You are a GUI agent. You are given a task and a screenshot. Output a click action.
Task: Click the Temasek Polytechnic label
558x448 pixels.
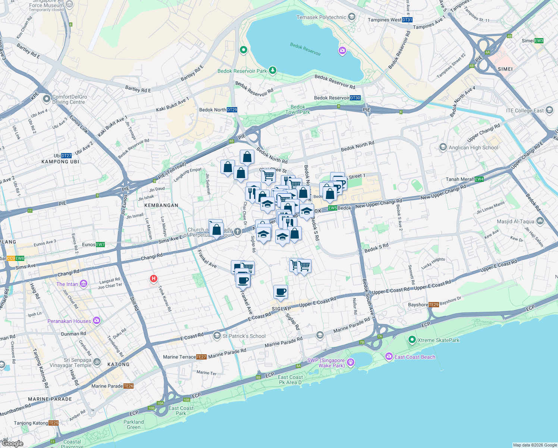pyautogui.click(x=321, y=17)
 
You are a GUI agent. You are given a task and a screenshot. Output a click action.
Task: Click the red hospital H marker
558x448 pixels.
pyautogui.click(x=153, y=279)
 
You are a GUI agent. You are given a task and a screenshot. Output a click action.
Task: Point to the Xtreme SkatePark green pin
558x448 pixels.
pyautogui.click(x=412, y=340)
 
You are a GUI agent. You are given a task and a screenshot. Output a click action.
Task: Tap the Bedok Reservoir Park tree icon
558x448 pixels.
pyautogui.click(x=273, y=70)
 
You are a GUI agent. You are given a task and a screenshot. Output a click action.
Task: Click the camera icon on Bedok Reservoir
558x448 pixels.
pyautogui.click(x=342, y=51)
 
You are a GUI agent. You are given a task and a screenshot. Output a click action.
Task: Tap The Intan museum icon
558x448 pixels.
pyautogui.click(x=83, y=284)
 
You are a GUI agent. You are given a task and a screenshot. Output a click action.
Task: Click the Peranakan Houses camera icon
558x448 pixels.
pyautogui.click(x=97, y=321)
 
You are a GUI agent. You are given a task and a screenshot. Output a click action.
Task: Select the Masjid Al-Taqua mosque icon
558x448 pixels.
pyautogui.click(x=540, y=221)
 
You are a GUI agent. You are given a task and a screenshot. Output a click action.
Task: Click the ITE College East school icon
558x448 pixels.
pyautogui.click(x=549, y=110)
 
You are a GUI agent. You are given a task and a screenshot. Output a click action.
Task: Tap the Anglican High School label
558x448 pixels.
pyautogui.click(x=473, y=147)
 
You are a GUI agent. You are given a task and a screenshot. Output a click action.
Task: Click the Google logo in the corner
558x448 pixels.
pyautogui.click(x=13, y=444)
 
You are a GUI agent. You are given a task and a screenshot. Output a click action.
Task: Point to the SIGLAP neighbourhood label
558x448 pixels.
pyautogui.click(x=281, y=309)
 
